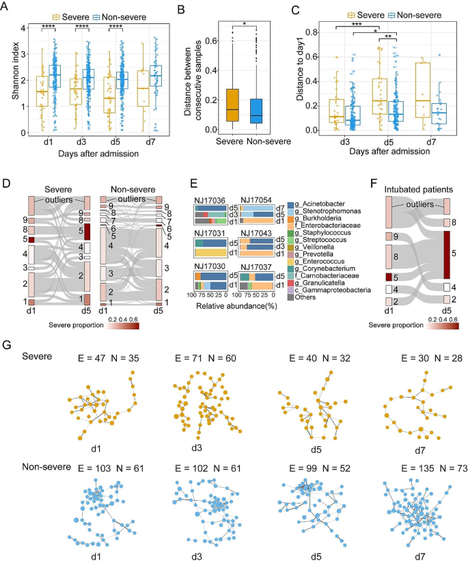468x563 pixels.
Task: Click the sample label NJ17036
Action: (209, 197)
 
